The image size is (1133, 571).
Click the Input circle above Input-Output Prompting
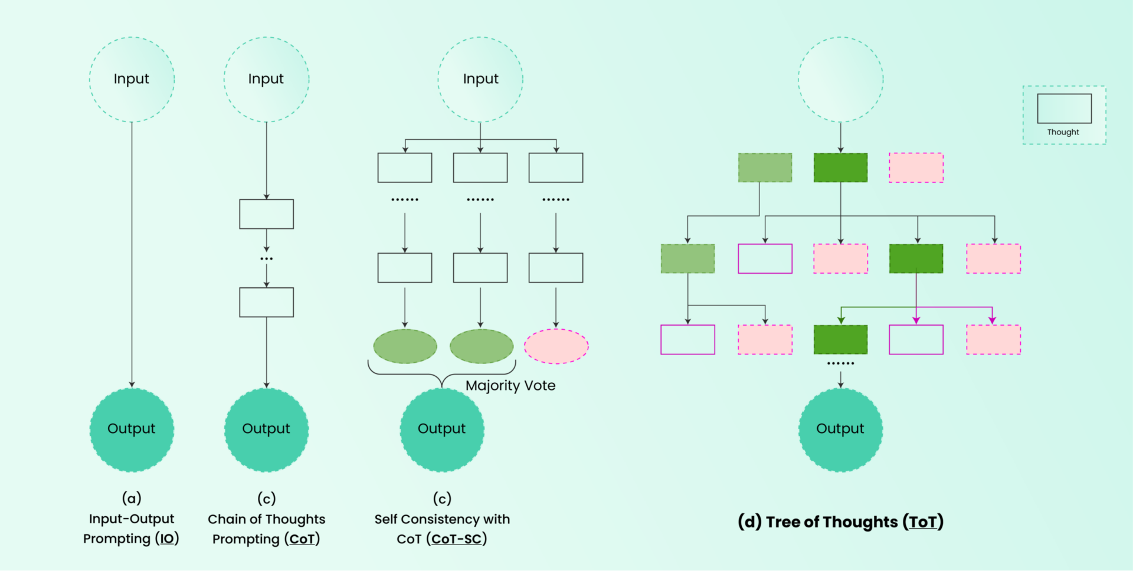coord(132,80)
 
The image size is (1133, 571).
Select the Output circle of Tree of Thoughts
coord(840,429)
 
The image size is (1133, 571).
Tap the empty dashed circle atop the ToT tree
coord(840,80)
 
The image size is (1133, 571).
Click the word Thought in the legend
coord(1063,132)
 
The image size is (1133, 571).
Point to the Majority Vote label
coord(510,386)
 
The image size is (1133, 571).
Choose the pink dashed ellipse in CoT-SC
coord(556,346)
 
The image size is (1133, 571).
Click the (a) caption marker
coord(132,498)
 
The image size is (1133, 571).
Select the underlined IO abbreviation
coord(168,539)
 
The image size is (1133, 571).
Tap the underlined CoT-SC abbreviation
coord(456,539)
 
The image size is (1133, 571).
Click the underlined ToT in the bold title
coord(923,522)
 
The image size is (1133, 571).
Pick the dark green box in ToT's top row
coord(840,168)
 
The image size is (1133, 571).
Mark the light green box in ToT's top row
coord(765,168)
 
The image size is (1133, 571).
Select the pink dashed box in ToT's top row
coord(916,168)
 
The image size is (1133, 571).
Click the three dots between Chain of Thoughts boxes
coord(266,259)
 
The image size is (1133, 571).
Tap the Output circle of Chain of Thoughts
coord(266,429)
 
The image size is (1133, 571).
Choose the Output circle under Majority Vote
coord(442,429)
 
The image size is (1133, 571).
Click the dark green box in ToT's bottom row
coord(840,339)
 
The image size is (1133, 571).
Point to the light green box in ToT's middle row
coord(687,258)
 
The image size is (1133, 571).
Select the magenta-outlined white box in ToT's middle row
coord(765,258)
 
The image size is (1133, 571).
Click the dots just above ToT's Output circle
coord(840,363)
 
